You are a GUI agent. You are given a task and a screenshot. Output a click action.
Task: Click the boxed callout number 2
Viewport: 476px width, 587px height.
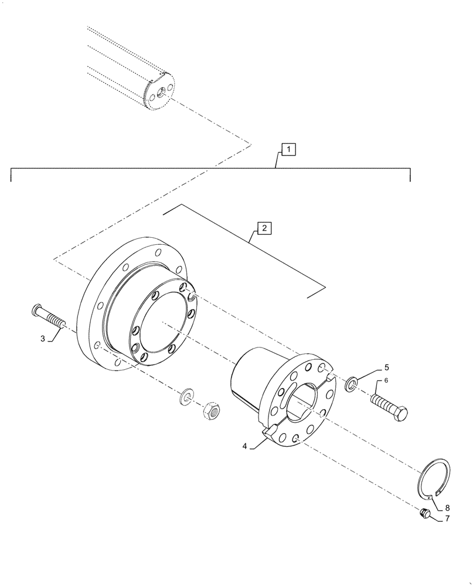click(264, 228)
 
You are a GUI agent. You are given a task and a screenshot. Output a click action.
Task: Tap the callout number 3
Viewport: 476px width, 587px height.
click(43, 339)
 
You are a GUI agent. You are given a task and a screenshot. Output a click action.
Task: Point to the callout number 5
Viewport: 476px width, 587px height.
click(386, 368)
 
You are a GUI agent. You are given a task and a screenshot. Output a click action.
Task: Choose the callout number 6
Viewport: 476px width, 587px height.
click(386, 381)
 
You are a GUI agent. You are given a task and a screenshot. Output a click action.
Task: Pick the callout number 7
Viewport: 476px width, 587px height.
click(447, 519)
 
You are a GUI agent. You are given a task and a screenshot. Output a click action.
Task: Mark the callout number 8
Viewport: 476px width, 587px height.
click(447, 508)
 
